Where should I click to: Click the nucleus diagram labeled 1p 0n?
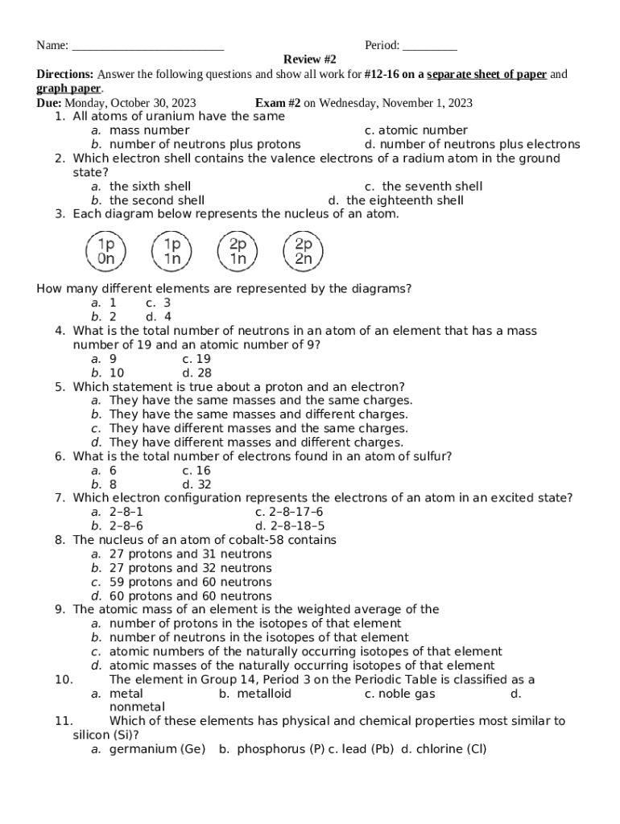(x=105, y=251)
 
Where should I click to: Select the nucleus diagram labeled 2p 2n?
(x=304, y=251)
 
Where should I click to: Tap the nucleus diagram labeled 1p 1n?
(x=172, y=251)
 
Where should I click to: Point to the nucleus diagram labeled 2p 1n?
(x=238, y=251)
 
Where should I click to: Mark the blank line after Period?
(x=429, y=47)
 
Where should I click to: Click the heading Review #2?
(x=309, y=60)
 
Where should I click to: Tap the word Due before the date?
(x=49, y=103)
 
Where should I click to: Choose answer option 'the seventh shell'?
(x=432, y=187)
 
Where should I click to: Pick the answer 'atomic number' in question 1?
(x=423, y=130)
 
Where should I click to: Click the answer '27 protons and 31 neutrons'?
(x=191, y=554)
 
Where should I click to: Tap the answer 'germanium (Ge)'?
(x=157, y=749)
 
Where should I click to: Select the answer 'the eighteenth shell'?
(x=405, y=200)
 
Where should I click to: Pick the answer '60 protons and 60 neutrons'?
(x=191, y=596)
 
